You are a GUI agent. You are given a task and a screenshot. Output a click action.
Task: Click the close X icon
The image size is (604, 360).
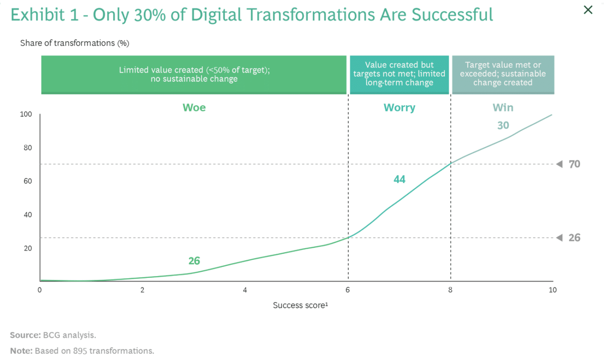tap(587, 10)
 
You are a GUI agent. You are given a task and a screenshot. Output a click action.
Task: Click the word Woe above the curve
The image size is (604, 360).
tap(194, 108)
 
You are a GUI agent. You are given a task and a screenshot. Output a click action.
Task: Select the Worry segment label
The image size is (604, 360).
tap(399, 108)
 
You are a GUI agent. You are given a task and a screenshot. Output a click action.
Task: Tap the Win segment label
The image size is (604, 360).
tap(503, 108)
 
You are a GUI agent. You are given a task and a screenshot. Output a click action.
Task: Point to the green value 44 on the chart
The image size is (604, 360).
tap(399, 179)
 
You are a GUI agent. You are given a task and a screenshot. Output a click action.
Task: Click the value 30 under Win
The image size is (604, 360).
tap(503, 126)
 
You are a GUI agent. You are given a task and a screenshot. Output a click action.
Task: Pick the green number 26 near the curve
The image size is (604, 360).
tap(194, 261)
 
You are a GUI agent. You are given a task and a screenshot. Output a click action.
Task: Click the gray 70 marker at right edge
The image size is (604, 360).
tap(574, 164)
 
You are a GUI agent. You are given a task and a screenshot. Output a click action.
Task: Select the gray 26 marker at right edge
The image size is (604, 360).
tap(574, 238)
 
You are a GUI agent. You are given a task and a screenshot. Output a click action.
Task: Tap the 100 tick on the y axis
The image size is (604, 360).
tap(26, 114)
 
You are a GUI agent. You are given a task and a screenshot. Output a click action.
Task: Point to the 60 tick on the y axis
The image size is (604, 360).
tap(28, 181)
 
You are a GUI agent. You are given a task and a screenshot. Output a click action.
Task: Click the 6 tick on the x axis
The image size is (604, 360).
tap(348, 290)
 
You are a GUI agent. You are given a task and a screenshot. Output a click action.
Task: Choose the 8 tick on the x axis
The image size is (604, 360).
tap(450, 290)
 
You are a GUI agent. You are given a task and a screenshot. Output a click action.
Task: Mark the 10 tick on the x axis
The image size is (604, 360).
tap(552, 290)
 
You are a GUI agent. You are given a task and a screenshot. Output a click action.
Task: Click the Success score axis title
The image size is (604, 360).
tap(300, 305)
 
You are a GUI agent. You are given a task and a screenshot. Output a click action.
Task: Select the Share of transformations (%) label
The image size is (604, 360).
tap(75, 43)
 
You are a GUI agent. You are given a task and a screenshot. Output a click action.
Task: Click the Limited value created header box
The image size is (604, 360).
tap(194, 75)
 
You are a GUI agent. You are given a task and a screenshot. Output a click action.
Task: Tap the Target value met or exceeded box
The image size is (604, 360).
tap(503, 74)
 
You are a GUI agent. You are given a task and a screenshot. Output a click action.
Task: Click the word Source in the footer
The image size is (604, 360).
tap(24, 335)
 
